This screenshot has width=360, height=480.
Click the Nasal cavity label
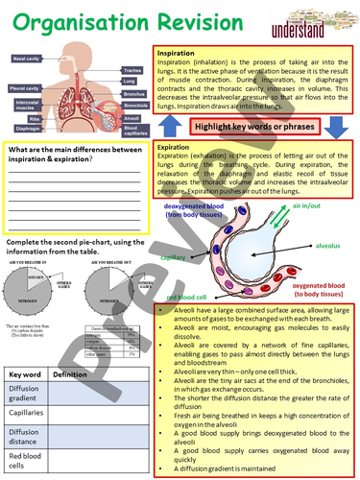click(x=27, y=57)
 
